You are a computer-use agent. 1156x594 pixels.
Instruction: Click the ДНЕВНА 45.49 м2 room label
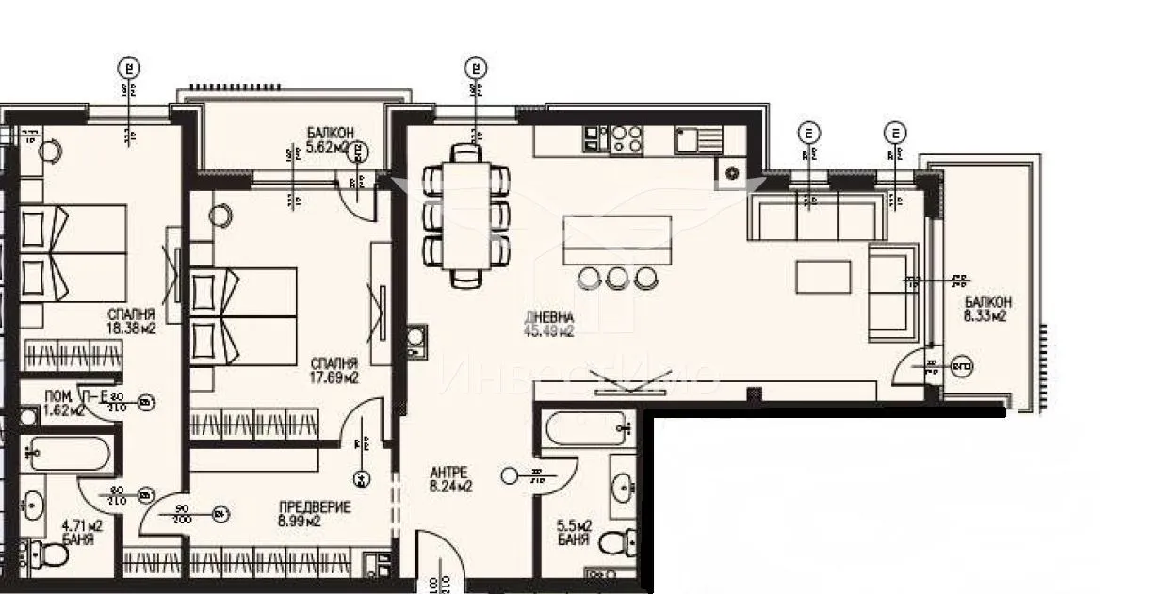click(549, 324)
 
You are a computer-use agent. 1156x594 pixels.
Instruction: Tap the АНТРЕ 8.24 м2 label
click(450, 479)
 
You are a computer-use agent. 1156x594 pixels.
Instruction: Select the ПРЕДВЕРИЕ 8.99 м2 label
click(316, 514)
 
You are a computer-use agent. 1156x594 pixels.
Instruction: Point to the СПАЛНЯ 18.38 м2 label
click(131, 322)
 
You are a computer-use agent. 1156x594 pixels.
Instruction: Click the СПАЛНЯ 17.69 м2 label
click(334, 370)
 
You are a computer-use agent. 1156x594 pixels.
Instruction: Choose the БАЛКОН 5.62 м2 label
click(330, 139)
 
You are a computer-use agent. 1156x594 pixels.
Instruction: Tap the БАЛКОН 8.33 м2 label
click(987, 310)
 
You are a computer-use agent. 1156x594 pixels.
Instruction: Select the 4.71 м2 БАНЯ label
click(81, 533)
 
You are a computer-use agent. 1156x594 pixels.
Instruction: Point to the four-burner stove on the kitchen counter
click(627, 139)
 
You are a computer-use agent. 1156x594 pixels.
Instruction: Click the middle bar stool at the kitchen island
click(617, 278)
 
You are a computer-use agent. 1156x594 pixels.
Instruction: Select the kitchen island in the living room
click(617, 241)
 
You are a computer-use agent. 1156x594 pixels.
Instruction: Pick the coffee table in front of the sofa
click(823, 276)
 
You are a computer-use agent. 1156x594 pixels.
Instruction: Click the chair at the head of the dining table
click(466, 153)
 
